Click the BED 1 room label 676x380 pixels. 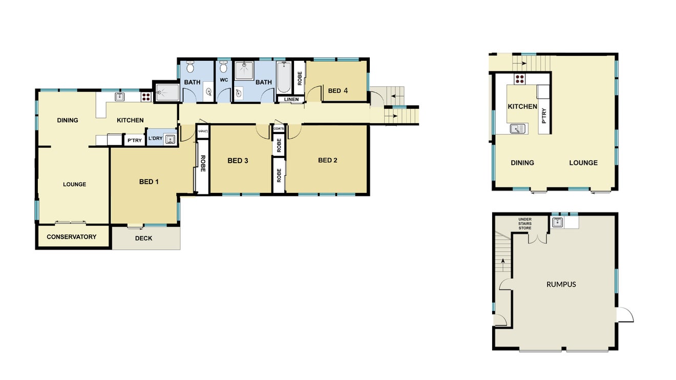click(x=149, y=182)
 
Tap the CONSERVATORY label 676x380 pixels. click(x=72, y=237)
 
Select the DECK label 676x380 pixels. click(x=143, y=238)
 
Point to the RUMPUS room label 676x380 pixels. click(x=561, y=284)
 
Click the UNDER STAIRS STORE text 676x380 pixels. click(x=525, y=223)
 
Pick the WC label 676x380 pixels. click(x=224, y=80)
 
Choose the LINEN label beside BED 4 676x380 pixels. click(x=291, y=99)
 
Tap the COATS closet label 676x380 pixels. click(x=279, y=129)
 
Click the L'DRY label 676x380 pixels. click(x=155, y=138)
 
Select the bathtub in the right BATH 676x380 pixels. click(x=284, y=77)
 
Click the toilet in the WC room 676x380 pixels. click(x=223, y=67)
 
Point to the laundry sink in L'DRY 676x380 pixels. click(x=171, y=139)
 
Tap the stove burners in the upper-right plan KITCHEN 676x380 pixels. click(x=520, y=79)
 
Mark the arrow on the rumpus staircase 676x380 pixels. click(x=503, y=265)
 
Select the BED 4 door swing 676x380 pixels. click(x=314, y=94)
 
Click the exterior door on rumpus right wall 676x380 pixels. click(x=625, y=315)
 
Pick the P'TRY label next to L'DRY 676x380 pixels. click(x=135, y=141)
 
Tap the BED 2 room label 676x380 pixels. click(x=327, y=160)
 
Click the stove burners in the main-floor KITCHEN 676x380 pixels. click(x=146, y=97)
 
